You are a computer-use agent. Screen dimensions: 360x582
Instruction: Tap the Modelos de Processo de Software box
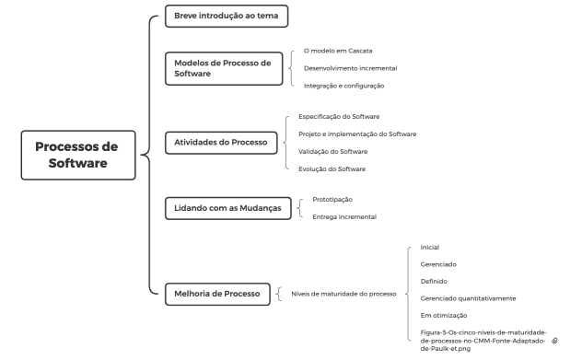[223, 67]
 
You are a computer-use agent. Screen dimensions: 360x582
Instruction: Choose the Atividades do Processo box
[220, 143]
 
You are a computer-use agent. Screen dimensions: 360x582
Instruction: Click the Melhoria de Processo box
[216, 294]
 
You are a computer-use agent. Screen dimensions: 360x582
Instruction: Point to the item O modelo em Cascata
[337, 50]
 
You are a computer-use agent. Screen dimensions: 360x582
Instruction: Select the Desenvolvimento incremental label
[350, 67]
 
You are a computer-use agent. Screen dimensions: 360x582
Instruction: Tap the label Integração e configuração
[343, 85]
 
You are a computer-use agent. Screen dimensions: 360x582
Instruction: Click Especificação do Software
[339, 116]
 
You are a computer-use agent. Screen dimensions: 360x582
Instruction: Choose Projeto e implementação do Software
[357, 134]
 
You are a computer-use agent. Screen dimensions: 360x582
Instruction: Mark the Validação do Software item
[332, 151]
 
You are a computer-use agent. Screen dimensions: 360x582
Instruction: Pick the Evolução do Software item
[332, 168]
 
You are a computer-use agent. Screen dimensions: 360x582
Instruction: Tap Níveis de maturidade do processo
[343, 295]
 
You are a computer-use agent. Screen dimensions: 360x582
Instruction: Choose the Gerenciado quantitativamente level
[468, 298]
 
